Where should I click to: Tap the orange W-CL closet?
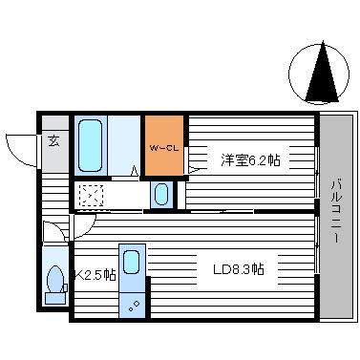tap(164, 145)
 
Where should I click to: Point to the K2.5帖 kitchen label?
tap(95, 275)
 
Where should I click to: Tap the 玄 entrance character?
tap(53, 143)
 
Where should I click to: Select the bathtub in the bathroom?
tap(91, 145)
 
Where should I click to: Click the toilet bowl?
tap(54, 281)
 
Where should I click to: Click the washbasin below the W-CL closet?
tap(160, 195)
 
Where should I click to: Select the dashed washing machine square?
tap(92, 195)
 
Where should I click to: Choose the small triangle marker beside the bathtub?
tap(135, 171)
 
